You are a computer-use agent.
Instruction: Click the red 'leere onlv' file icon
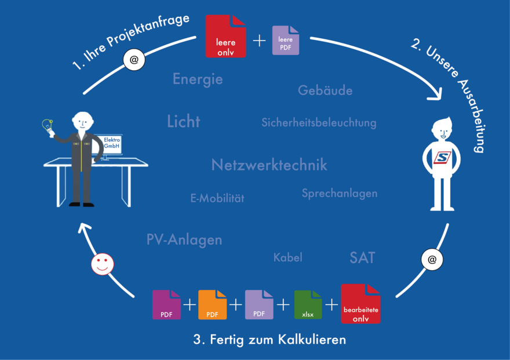pyautogui.click(x=225, y=36)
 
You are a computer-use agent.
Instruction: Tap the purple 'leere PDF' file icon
pyautogui.click(x=286, y=41)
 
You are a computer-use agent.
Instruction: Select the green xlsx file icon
pyautogui.click(x=308, y=305)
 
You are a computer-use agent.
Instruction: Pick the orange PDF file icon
pyautogui.click(x=212, y=305)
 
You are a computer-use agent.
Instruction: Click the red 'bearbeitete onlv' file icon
pyautogui.click(x=360, y=304)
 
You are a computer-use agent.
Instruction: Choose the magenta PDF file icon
pyautogui.click(x=166, y=305)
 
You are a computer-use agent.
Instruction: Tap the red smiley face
pyautogui.click(x=103, y=264)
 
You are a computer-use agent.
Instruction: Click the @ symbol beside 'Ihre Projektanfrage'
pyautogui.click(x=134, y=60)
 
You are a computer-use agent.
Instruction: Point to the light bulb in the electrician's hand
pyautogui.click(x=48, y=126)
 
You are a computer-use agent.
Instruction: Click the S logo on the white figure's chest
pyautogui.click(x=442, y=158)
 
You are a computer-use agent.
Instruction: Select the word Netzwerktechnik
pyautogui.click(x=269, y=165)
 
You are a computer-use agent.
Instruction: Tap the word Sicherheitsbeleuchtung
pyautogui.click(x=319, y=122)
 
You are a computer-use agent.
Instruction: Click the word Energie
pyautogui.click(x=198, y=79)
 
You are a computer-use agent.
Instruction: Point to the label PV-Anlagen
pyautogui.click(x=184, y=239)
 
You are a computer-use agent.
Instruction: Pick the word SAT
pyautogui.click(x=362, y=258)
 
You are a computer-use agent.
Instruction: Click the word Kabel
pyautogui.click(x=288, y=257)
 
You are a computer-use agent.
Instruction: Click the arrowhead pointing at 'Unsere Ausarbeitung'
pyautogui.click(x=435, y=94)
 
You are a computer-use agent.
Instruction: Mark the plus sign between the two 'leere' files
pyautogui.click(x=259, y=41)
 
